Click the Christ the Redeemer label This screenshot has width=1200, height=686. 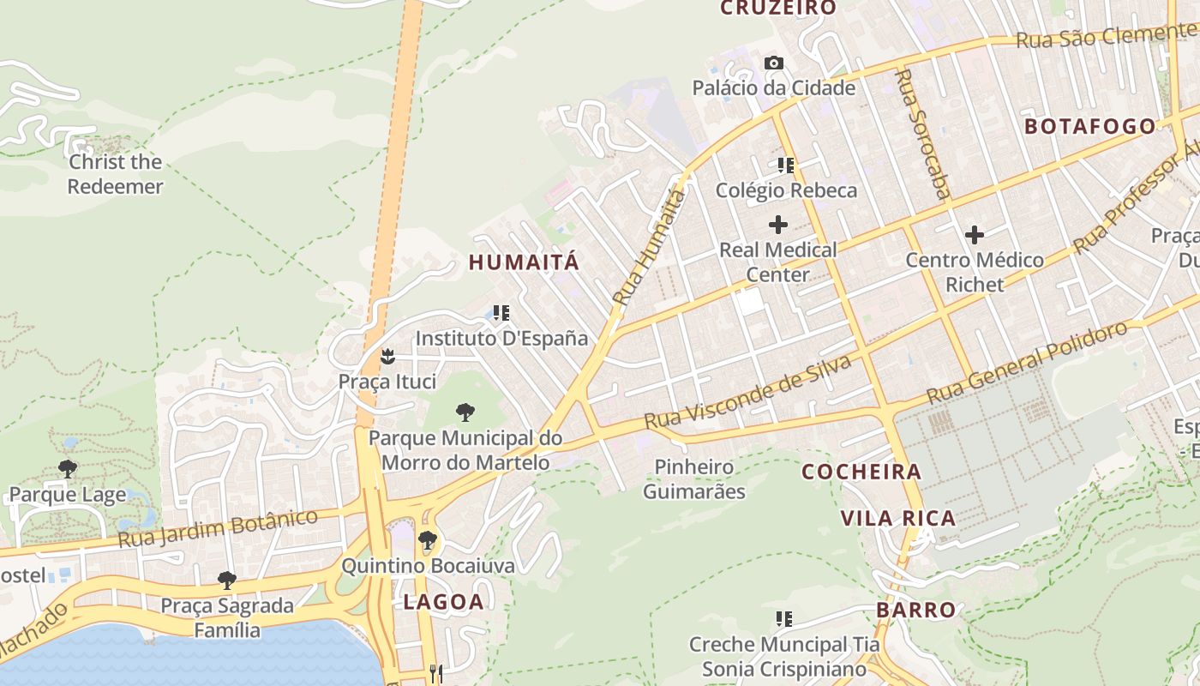(115, 174)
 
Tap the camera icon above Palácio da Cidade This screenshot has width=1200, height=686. (774, 63)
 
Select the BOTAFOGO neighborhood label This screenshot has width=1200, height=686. (1090, 126)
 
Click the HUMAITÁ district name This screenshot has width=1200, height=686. (524, 262)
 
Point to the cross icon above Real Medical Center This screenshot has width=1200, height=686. (778, 225)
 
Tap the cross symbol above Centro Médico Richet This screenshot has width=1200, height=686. (975, 234)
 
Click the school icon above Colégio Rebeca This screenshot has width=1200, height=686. (786, 165)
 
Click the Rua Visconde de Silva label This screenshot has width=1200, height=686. (747, 393)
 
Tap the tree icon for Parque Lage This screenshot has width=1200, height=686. (68, 468)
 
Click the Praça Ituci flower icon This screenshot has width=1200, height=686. (387, 355)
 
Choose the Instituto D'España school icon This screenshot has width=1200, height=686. (501, 313)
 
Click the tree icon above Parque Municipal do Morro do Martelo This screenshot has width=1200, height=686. (465, 412)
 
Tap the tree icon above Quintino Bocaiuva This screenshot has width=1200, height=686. (428, 540)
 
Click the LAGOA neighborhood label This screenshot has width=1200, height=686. (443, 602)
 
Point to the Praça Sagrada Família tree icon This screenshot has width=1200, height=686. (227, 581)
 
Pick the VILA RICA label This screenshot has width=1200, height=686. (897, 518)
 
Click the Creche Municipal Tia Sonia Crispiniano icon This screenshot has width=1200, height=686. (783, 618)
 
